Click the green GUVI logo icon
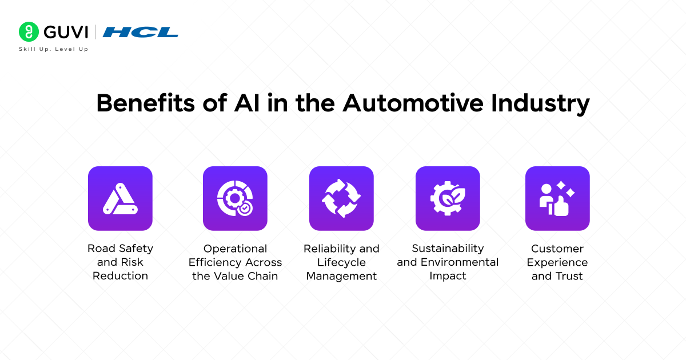29,32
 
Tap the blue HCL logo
141,32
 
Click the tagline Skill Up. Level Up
54,49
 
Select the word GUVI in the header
64,32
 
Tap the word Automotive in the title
413,104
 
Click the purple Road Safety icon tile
120,198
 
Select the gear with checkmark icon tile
235,198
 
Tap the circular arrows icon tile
341,198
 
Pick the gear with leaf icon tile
448,198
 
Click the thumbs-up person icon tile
557,198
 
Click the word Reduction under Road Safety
120,276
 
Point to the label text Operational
235,249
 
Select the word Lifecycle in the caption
341,262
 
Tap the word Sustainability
448,249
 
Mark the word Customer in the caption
557,249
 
